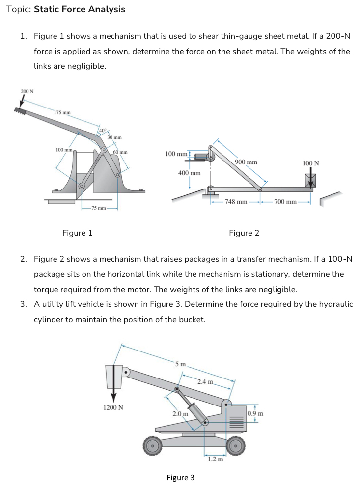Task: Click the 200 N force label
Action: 27,91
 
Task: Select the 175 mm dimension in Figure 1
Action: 62,112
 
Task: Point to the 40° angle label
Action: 102,130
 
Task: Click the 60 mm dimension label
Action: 120,152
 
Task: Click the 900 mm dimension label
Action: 246,162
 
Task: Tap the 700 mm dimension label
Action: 285,202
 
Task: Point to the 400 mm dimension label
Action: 189,173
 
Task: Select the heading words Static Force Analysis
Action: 80,9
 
